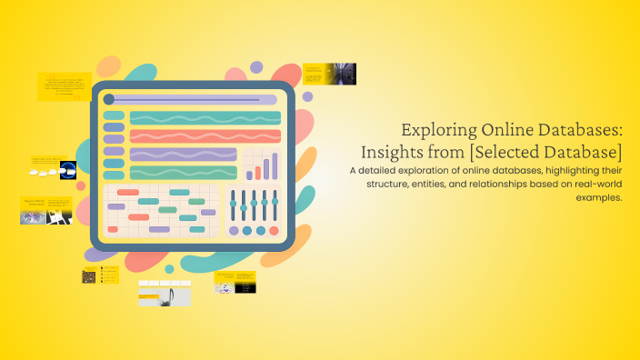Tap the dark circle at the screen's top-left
pyautogui.click(x=109, y=99)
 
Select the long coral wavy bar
pyautogui.click(x=205, y=136)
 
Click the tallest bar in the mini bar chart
pyautogui.click(x=275, y=165)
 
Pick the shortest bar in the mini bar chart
pyautogui.click(x=248, y=175)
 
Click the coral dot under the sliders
pyautogui.click(x=274, y=231)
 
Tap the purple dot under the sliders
pyautogui.click(x=234, y=231)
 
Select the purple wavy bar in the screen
pyautogui.click(x=183, y=155)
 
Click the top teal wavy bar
pyautogui.click(x=205, y=117)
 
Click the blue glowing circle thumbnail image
pyautogui.click(x=67, y=168)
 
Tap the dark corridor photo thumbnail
pyautogui.click(x=342, y=74)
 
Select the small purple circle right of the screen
pyautogui.click(x=307, y=96)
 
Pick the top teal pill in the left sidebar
pyautogui.click(x=114, y=115)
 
